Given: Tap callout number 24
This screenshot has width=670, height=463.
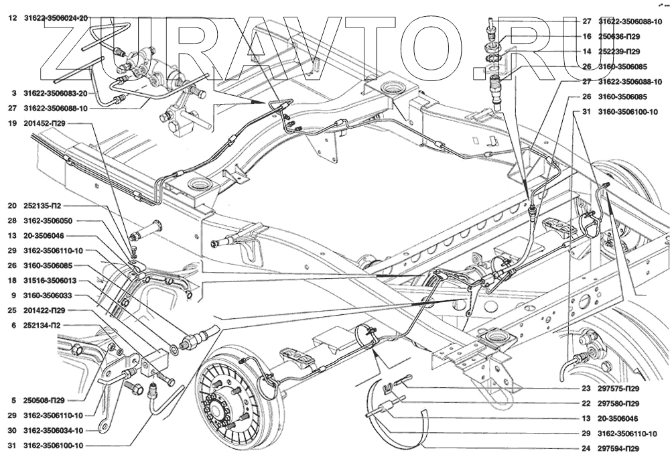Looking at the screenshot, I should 586,448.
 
